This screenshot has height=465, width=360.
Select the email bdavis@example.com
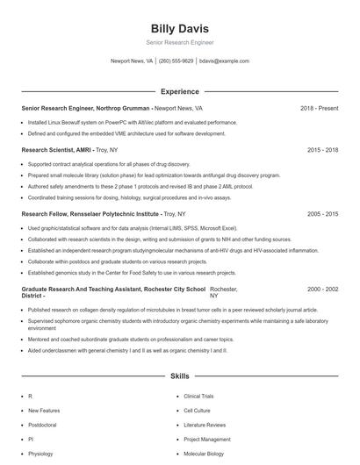coord(224,61)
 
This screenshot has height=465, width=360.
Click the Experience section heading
coord(179,91)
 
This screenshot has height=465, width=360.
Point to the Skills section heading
coord(179,376)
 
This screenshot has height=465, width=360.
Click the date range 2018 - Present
coord(319,108)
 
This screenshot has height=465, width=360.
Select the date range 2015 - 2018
coord(322,150)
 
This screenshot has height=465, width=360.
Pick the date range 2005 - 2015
coord(322,213)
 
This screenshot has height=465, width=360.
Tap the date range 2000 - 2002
coord(322,289)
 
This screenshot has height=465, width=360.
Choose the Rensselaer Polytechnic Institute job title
coord(90,213)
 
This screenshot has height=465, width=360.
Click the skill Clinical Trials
coord(198,397)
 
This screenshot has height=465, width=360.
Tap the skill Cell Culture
coord(196,411)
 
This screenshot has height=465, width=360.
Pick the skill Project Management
coord(207,440)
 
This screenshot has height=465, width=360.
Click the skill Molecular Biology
coord(204,454)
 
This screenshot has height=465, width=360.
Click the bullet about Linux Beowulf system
coord(132,123)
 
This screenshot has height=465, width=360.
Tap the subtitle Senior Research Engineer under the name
coord(179,42)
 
